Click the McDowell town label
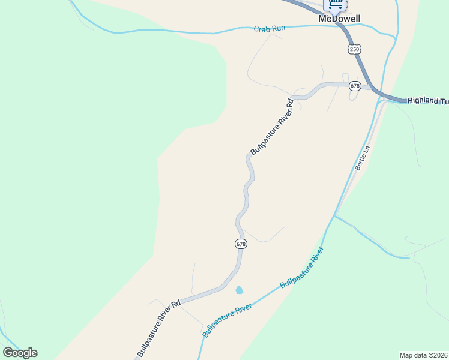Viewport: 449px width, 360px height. [x=339, y=19]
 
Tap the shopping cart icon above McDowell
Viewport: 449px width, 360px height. [x=335, y=5]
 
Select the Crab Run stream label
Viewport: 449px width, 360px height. [x=270, y=28]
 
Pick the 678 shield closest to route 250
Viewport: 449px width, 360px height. [x=355, y=86]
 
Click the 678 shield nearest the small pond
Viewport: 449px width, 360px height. [x=241, y=244]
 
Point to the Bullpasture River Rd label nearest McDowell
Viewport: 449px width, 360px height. [x=271, y=125]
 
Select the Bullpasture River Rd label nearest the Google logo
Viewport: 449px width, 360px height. [x=158, y=328]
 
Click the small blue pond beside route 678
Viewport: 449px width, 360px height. [x=240, y=290]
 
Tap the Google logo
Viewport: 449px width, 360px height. [x=20, y=353]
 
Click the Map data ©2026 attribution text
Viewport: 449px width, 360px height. [x=424, y=355]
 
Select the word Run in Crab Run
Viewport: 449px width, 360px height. [x=279, y=28]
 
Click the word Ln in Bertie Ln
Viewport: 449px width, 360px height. [x=366, y=148]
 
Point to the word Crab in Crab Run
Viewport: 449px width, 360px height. [x=262, y=28]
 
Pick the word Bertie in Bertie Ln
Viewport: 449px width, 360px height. [x=360, y=162]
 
